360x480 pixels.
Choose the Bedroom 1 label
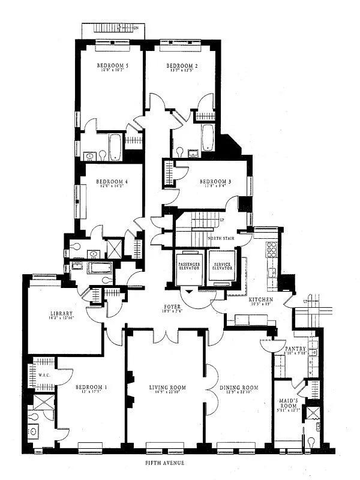click(x=91, y=388)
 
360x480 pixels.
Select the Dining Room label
click(x=238, y=388)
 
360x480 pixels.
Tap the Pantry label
click(x=296, y=349)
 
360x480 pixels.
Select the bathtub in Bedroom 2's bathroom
click(x=208, y=137)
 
